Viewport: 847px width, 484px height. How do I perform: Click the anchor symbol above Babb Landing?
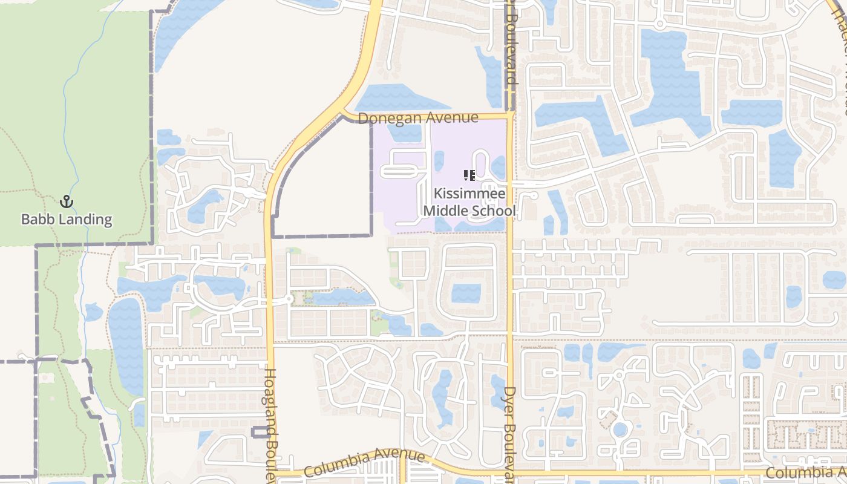click(67, 201)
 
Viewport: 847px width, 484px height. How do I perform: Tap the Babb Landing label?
click(67, 219)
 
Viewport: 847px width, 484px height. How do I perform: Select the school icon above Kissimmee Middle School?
click(469, 176)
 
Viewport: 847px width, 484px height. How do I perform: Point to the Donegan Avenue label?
click(418, 118)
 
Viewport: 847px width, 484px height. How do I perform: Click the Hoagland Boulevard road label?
click(270, 423)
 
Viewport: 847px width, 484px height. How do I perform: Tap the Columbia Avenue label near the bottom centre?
click(364, 462)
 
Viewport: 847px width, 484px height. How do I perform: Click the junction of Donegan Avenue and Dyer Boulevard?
click(510, 113)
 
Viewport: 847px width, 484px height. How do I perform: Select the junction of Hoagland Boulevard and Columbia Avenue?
click(270, 473)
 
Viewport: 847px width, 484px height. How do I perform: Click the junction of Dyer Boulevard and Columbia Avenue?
click(510, 471)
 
